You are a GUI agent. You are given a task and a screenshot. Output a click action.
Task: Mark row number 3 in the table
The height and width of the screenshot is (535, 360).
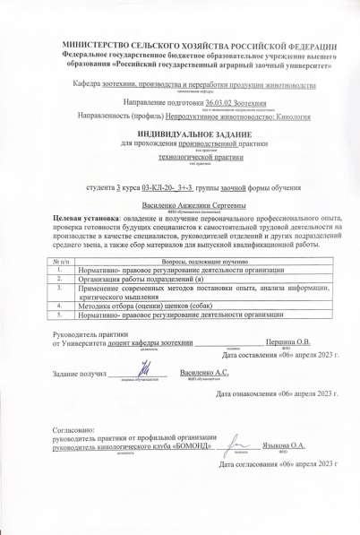coord(57,289)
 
